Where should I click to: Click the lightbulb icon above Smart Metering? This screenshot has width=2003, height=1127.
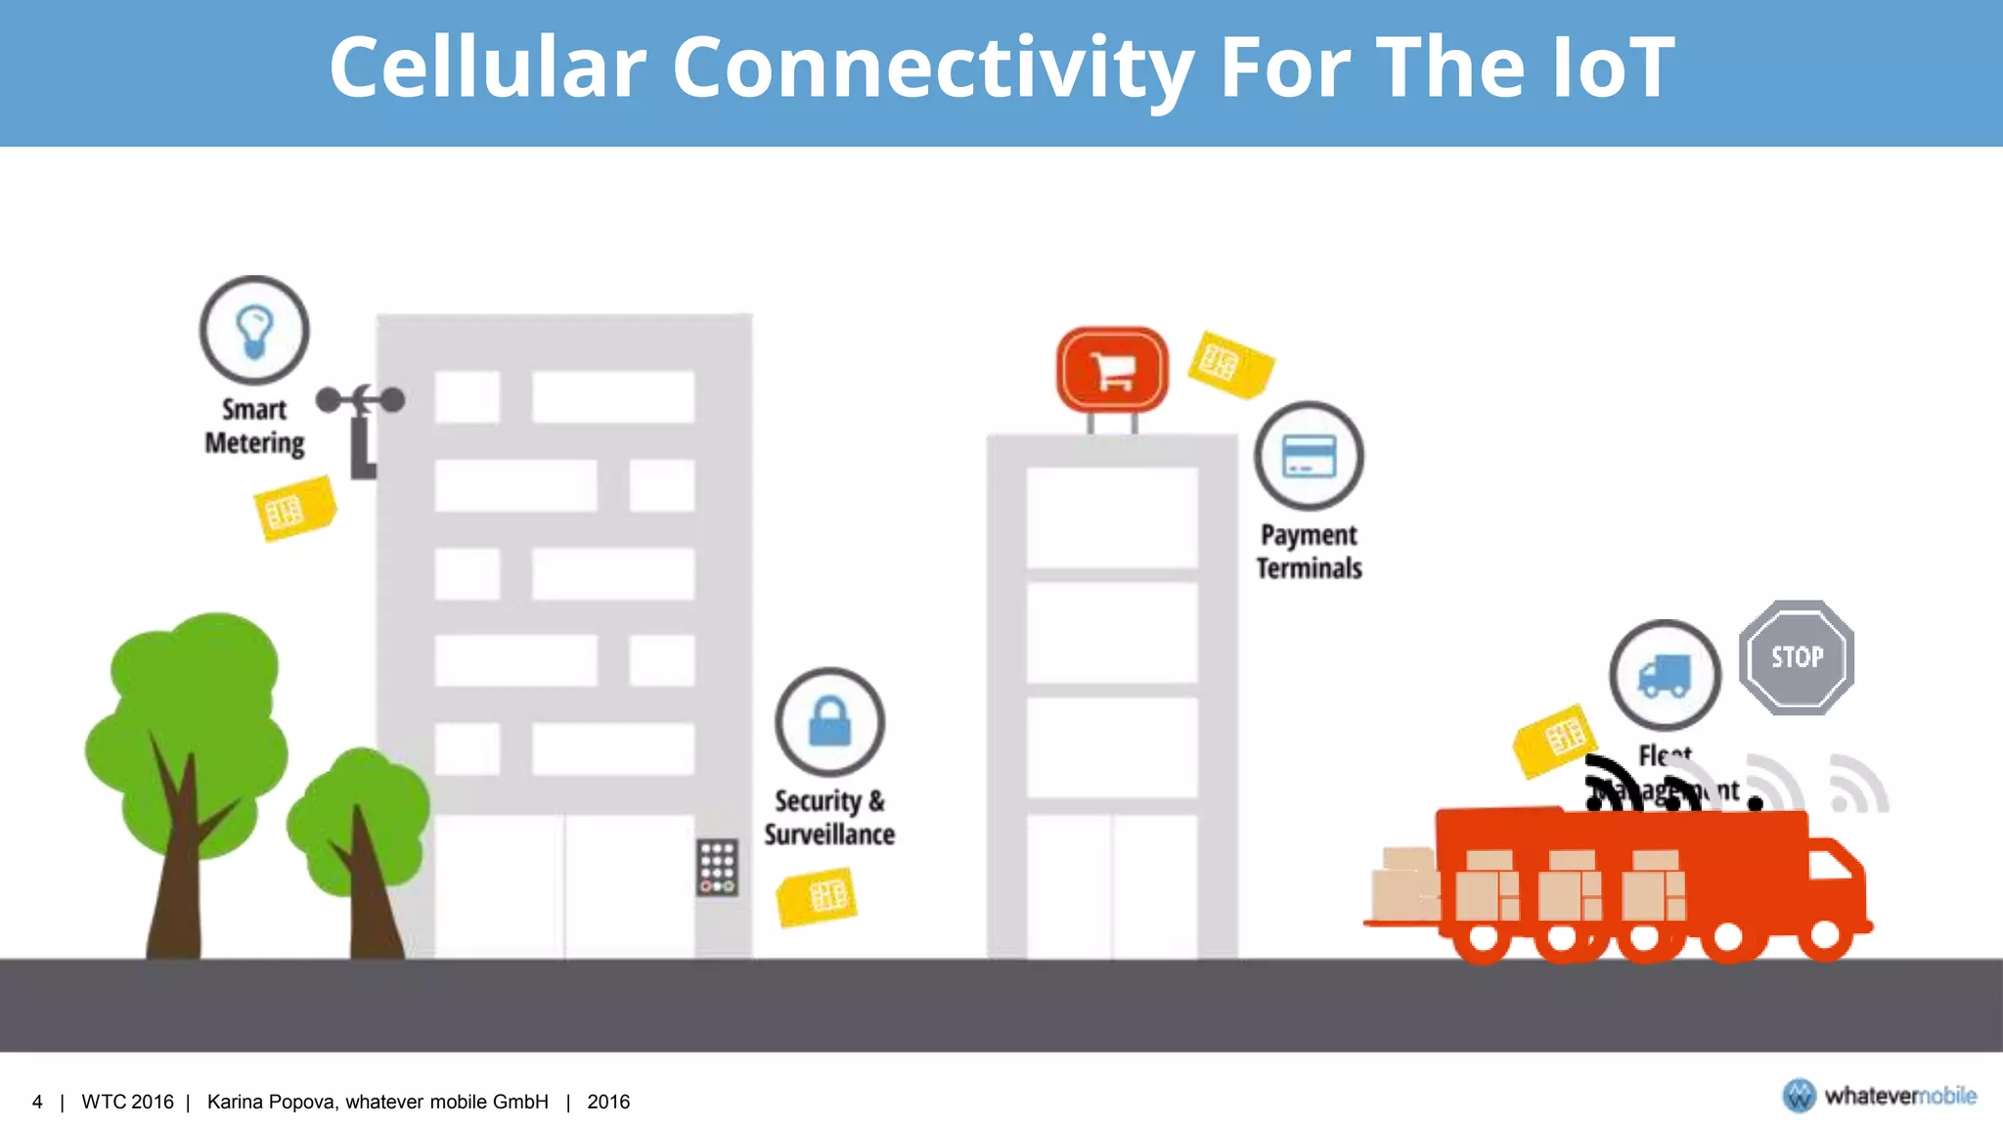(x=254, y=330)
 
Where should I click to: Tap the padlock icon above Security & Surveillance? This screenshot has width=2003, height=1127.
(x=829, y=722)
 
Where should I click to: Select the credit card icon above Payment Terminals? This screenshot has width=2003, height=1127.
(x=1309, y=456)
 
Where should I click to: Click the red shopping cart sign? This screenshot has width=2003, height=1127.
(x=1112, y=370)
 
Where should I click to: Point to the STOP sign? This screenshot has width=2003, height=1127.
(x=1797, y=657)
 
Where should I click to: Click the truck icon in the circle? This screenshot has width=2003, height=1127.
(x=1665, y=675)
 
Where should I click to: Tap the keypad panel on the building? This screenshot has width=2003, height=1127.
(x=717, y=867)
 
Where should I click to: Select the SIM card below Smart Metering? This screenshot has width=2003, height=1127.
(x=293, y=509)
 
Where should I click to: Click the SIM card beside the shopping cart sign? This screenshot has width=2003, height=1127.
(x=1229, y=364)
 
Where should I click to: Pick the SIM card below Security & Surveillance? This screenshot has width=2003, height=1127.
(x=818, y=896)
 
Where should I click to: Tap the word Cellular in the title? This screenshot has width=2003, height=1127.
(x=487, y=68)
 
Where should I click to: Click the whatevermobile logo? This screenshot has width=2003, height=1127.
(x=1878, y=1096)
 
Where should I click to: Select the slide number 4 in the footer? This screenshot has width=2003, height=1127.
(x=37, y=1103)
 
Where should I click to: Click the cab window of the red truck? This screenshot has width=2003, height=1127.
(x=1831, y=865)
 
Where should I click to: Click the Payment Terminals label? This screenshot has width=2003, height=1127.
(x=1309, y=552)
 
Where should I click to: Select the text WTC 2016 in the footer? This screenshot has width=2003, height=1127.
(x=127, y=1103)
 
